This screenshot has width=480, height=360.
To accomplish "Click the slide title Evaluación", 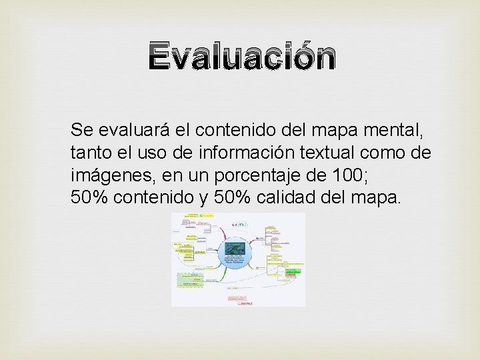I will (243, 58).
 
